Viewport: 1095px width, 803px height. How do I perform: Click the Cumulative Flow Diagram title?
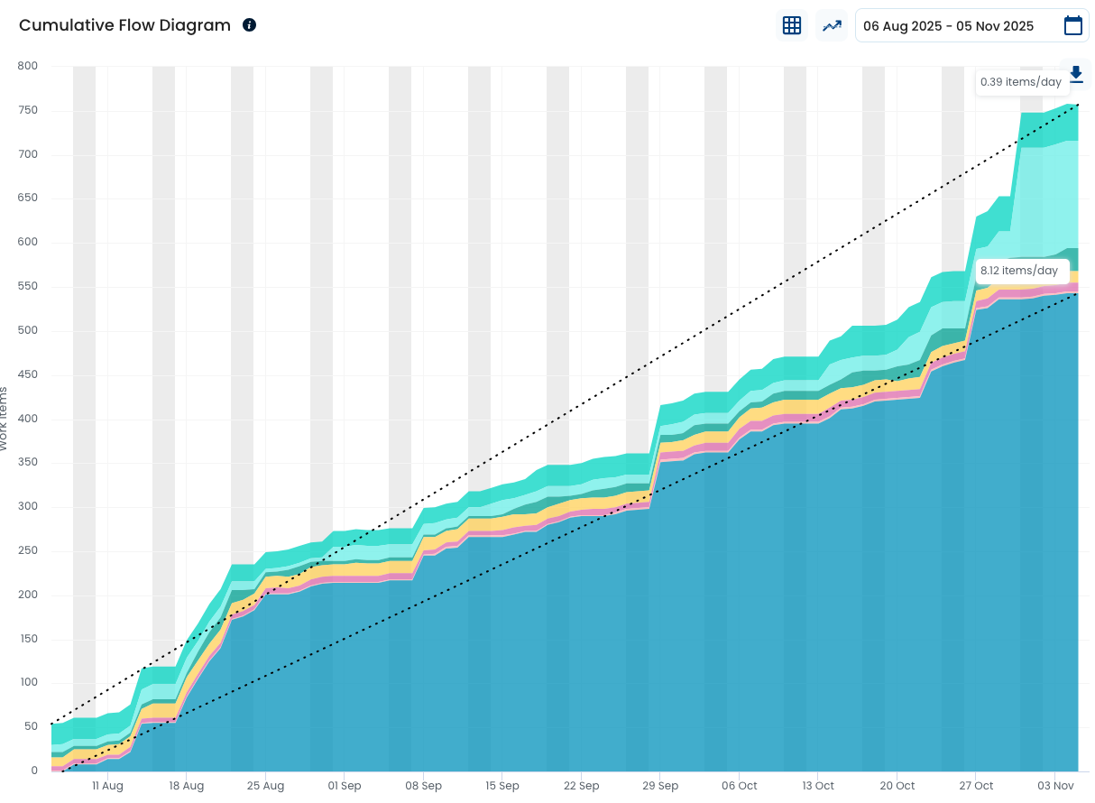[x=124, y=25]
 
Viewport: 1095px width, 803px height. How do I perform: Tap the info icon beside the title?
[x=250, y=25]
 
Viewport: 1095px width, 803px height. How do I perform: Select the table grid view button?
[x=792, y=25]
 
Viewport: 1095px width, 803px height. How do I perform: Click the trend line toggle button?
[x=831, y=25]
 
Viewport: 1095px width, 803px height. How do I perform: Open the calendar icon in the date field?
[x=1072, y=25]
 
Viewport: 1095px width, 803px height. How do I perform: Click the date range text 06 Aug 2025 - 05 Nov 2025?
[x=948, y=26]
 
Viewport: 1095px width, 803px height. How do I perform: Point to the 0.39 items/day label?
[x=1021, y=82]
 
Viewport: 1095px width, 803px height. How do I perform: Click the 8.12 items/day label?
[x=1019, y=271]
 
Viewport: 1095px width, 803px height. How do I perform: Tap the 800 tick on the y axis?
[x=28, y=66]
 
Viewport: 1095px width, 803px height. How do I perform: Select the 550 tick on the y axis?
[x=28, y=287]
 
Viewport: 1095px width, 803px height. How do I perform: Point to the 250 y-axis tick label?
[x=28, y=551]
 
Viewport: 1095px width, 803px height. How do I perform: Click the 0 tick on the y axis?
[x=34, y=771]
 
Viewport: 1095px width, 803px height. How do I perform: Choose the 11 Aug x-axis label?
[x=107, y=786]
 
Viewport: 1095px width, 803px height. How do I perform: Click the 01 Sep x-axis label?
[x=345, y=786]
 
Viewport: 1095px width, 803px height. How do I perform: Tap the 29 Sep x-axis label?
[x=660, y=786]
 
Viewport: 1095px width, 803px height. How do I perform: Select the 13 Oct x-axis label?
[x=818, y=786]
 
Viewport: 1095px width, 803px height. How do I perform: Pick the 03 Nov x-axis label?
[x=1055, y=786]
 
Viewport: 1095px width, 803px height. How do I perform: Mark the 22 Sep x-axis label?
[x=582, y=786]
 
